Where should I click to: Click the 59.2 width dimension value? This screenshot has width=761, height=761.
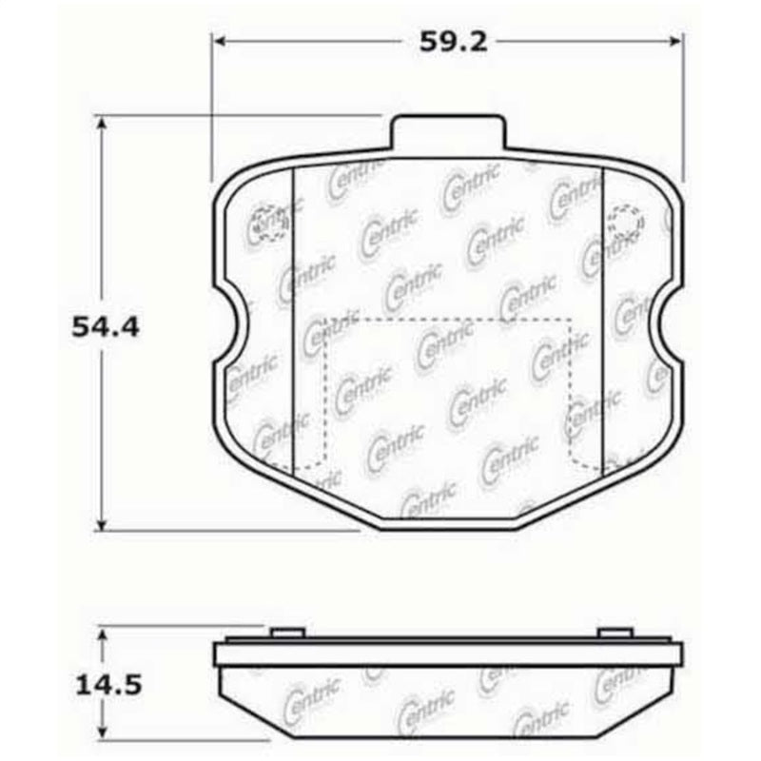click(x=446, y=42)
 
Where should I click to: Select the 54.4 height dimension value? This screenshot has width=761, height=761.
click(x=105, y=327)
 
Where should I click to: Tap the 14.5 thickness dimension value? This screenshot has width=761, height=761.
click(x=105, y=685)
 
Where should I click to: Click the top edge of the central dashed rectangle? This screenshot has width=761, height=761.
click(x=447, y=318)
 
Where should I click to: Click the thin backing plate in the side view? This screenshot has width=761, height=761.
click(x=447, y=653)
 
